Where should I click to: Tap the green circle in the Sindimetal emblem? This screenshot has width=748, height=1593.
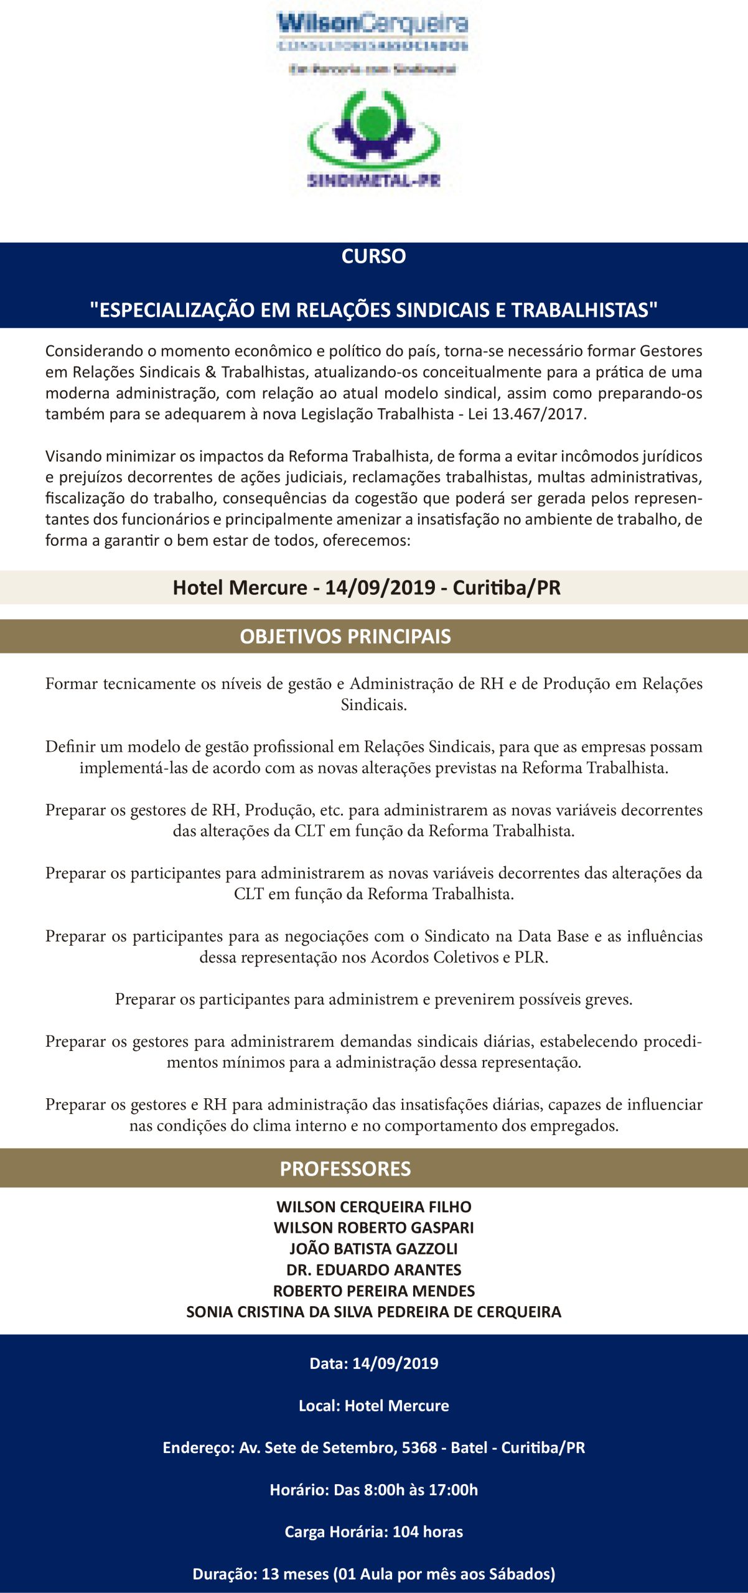pos(373,122)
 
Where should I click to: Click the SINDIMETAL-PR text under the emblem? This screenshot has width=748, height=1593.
pos(373,181)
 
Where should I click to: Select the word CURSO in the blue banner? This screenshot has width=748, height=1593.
pos(373,256)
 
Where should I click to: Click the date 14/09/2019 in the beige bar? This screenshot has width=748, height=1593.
pos(380,587)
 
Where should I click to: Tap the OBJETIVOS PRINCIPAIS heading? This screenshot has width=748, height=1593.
pos(345,637)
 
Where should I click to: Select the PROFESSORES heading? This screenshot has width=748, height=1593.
pos(345,1169)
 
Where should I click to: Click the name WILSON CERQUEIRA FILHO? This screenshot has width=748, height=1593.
pos(374,1207)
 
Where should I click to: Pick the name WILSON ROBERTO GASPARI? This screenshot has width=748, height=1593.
pos(374,1228)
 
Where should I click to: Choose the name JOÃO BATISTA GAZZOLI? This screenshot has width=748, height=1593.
pos(374,1249)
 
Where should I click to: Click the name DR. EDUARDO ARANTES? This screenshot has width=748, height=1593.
pos(374,1270)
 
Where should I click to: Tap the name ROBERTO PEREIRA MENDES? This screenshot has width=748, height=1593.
pos(374,1291)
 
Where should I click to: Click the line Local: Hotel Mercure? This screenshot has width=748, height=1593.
pos(374,1406)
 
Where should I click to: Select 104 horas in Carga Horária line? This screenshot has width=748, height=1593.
pos(428,1532)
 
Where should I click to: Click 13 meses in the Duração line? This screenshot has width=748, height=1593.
pos(295,1574)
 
